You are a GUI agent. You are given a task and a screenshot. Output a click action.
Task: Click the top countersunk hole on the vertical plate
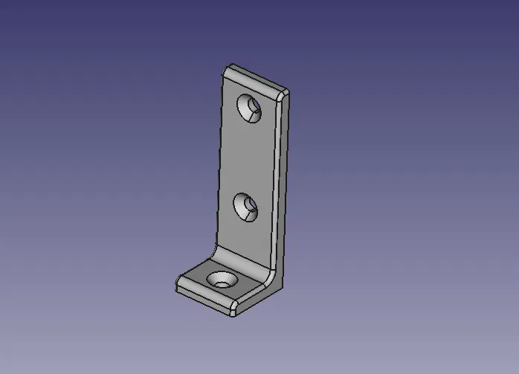(x=250, y=109)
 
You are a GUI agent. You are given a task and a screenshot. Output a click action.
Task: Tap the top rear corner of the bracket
(x=230, y=68)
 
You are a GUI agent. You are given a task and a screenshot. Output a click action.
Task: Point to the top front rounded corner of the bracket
(x=283, y=94)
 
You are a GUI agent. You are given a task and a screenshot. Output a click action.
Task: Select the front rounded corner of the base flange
(x=233, y=308)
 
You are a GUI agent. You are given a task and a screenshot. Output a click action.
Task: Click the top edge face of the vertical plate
(x=257, y=79)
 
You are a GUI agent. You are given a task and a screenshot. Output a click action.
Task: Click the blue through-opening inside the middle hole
(x=251, y=210)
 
